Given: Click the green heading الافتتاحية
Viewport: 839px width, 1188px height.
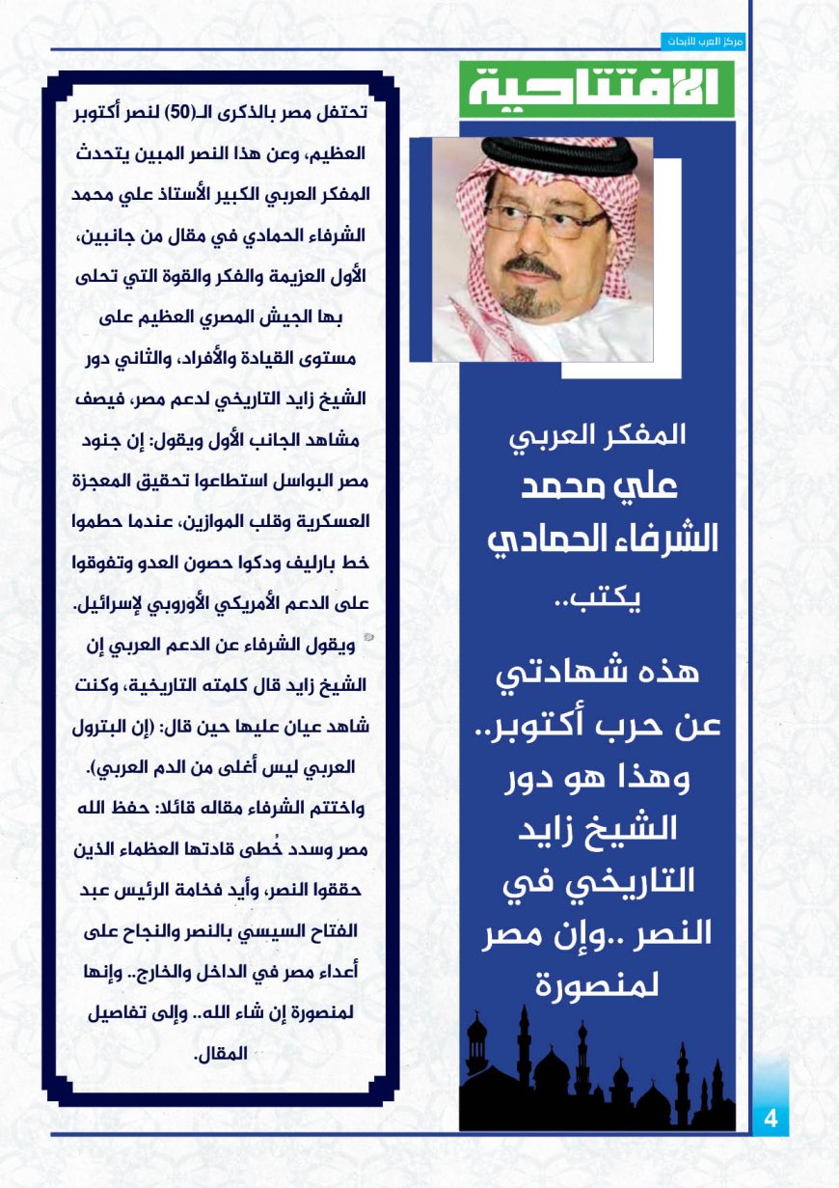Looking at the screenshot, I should (596, 89).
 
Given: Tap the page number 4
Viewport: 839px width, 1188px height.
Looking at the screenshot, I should (771, 1119).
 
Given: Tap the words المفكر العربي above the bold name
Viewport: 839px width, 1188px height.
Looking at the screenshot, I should (597, 435).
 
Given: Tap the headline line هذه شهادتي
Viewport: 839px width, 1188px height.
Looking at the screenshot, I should (597, 676).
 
